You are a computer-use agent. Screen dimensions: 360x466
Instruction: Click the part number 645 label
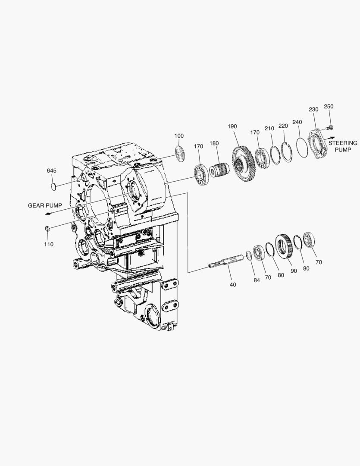51,171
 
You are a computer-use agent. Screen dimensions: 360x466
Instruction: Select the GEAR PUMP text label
45,205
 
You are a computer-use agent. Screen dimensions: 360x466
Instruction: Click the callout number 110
49,244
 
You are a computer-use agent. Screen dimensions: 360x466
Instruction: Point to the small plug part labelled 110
47,228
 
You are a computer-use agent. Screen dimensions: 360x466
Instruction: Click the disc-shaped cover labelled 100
180,154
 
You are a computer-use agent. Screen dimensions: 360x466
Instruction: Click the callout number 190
232,126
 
